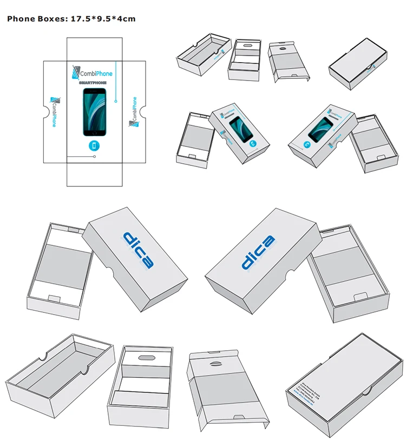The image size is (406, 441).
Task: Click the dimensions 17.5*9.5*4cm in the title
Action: click(103, 19)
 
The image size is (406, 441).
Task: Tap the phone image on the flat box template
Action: click(95, 112)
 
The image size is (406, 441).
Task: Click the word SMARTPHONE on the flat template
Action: click(93, 83)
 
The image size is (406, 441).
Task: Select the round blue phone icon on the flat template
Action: click(95, 145)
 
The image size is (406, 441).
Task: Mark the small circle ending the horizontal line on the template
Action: click(95, 157)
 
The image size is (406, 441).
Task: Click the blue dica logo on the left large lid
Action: click(139, 250)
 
